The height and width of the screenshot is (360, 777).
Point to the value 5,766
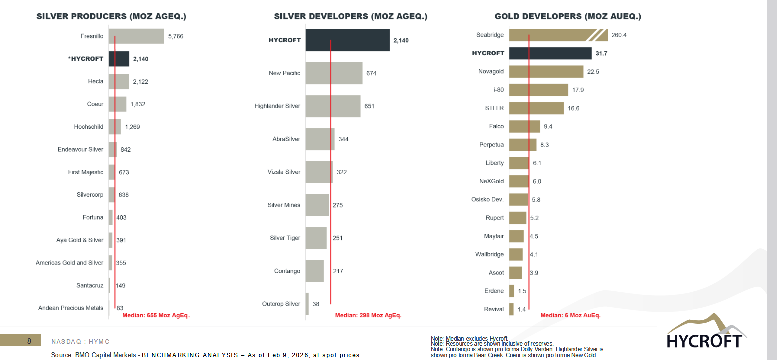pyautogui.click(x=177, y=36)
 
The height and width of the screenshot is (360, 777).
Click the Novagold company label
pyautogui.click(x=491, y=71)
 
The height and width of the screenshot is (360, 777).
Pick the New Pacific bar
pyautogui.click(x=333, y=73)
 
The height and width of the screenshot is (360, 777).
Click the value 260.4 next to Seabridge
pyautogui.click(x=619, y=35)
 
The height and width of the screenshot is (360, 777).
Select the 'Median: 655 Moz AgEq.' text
pyautogui.click(x=156, y=315)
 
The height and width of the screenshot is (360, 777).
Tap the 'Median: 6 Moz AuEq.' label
pyautogui.click(x=570, y=315)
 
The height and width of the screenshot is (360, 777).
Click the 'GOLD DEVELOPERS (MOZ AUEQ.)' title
pyautogui.click(x=568, y=16)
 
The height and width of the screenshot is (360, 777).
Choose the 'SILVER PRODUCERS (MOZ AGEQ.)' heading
pyautogui.click(x=111, y=16)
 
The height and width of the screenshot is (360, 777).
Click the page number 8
pyautogui.click(x=29, y=341)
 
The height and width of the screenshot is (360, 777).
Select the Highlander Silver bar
pyautogui.click(x=332, y=106)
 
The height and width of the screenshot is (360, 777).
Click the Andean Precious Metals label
pyautogui.click(x=71, y=308)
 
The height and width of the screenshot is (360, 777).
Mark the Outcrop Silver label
pyautogui.click(x=281, y=304)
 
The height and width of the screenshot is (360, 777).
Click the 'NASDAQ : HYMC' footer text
pyautogui.click(x=80, y=341)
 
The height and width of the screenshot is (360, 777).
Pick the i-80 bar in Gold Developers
pyautogui.click(x=538, y=90)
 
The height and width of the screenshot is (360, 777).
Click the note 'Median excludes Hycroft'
pyautogui.click(x=469, y=339)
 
